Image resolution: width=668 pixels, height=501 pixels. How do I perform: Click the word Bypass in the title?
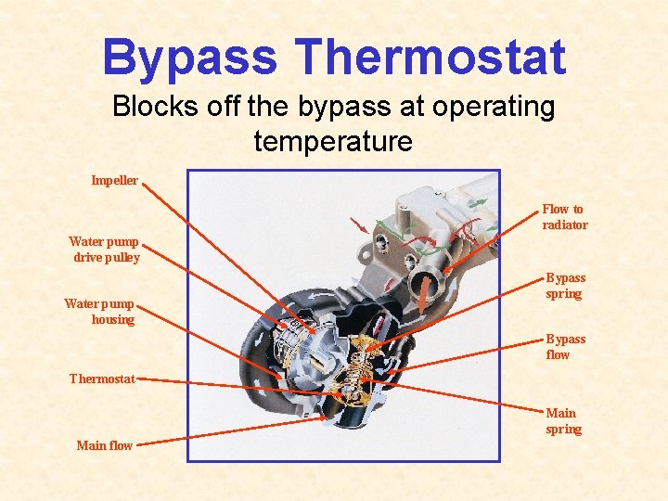(x=190, y=57)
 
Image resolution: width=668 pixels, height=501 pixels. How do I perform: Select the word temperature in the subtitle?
(x=333, y=142)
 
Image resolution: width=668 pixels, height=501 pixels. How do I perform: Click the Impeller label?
(x=114, y=180)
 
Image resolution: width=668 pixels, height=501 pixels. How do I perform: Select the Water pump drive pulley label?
(x=104, y=250)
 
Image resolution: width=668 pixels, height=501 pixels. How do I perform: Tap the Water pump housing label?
(x=100, y=312)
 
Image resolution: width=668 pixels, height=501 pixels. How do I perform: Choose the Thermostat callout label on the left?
(x=102, y=379)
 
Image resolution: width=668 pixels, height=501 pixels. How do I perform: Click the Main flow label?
(x=104, y=446)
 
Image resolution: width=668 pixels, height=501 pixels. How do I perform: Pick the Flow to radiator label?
(x=564, y=217)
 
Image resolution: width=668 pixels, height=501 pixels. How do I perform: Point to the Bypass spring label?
(x=565, y=286)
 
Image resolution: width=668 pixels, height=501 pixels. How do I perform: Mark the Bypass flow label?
(x=565, y=347)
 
